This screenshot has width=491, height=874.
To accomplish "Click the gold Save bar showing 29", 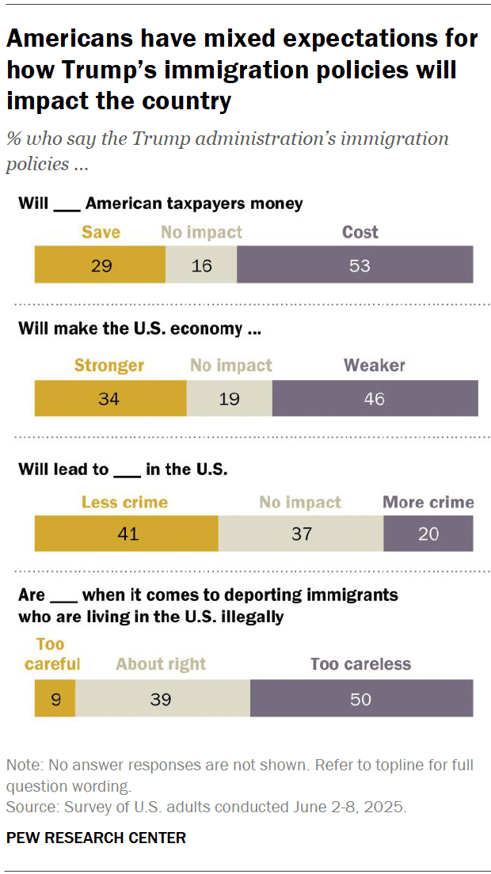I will [x=100, y=265].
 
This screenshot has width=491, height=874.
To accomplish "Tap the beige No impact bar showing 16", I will [x=201, y=265].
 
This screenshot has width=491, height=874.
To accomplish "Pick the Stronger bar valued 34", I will [x=110, y=398].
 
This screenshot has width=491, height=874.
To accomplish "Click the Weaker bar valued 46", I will [x=375, y=398].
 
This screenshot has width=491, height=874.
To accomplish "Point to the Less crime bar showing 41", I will [x=126, y=534].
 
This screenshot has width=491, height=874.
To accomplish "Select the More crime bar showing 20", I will [x=428, y=534].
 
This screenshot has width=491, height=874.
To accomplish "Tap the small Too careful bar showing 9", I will [x=55, y=699].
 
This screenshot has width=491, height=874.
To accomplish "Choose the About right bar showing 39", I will [x=162, y=699].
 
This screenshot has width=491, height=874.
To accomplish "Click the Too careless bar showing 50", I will [x=361, y=699].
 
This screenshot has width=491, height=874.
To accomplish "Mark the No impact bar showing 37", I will [x=301, y=534].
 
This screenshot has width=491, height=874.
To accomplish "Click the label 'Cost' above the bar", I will [x=360, y=232].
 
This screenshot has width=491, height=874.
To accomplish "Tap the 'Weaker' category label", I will [x=374, y=365].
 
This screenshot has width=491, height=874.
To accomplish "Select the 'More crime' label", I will [x=428, y=502].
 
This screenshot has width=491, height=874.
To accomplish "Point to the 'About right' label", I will [x=161, y=663].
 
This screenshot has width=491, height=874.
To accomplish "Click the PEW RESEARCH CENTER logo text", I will [x=96, y=838].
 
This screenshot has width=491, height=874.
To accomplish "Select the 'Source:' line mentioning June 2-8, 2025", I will [x=206, y=807].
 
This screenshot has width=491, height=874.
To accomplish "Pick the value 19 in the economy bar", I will [x=229, y=398].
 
